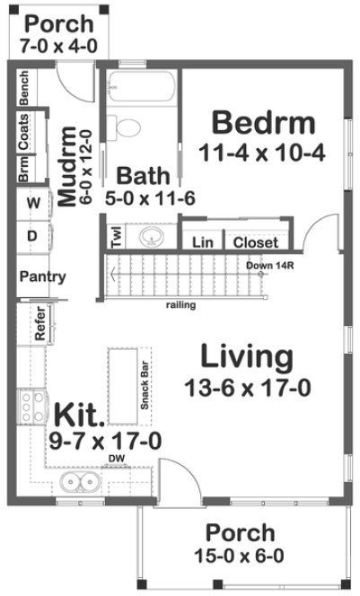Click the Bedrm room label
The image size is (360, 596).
click(x=263, y=121)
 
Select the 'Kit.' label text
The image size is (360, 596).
click(x=81, y=415)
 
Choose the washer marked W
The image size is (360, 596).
click(x=33, y=204)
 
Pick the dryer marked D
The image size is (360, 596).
click(x=33, y=235)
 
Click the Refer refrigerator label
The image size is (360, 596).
click(x=40, y=324)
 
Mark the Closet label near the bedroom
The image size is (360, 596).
click(x=256, y=242)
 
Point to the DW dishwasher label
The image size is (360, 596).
click(x=116, y=459)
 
